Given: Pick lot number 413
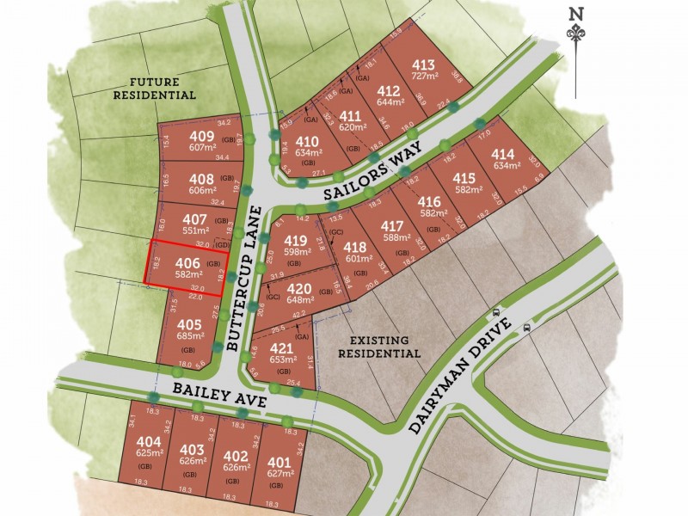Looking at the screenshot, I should pyautogui.click(x=423, y=65).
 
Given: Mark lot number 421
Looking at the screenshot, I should pyautogui.click(x=282, y=348).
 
